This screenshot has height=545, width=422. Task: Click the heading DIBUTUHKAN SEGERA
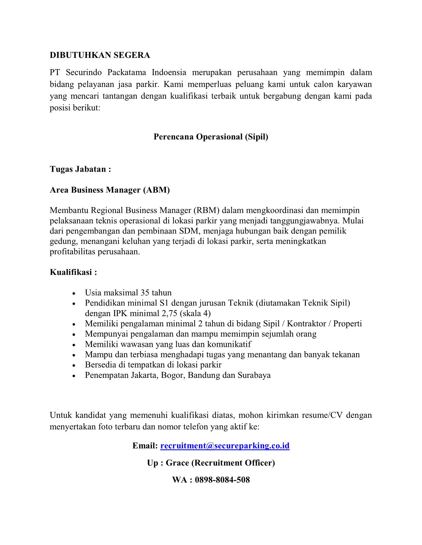pos(100,55)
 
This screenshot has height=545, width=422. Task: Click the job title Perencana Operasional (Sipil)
pos(211,137)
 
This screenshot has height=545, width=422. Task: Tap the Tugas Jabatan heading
pos(80,169)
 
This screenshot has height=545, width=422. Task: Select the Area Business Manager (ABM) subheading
pos(110,190)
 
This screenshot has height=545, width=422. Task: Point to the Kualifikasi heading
pos(73,272)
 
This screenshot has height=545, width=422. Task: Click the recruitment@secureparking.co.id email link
pos(225,446)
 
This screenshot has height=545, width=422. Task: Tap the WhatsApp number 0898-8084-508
pos(222,480)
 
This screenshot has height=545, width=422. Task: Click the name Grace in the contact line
pos(177,463)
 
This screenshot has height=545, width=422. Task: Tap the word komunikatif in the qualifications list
pos(229,344)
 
